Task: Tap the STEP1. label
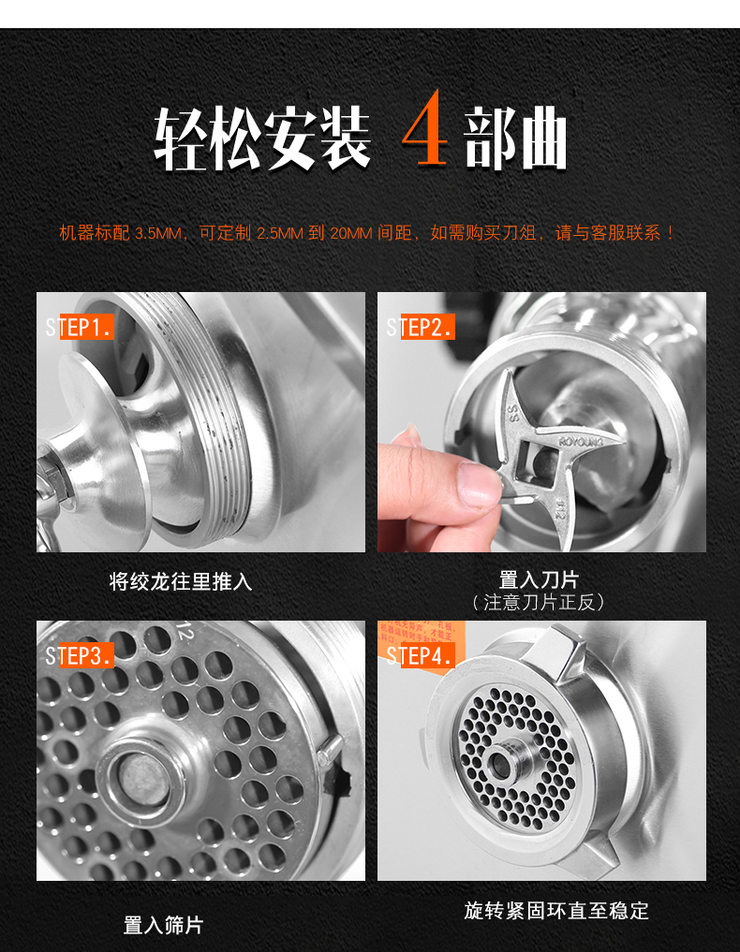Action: (x=80, y=327)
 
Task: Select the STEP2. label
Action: (x=421, y=327)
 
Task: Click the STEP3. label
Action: (x=80, y=655)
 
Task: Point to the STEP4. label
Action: (x=421, y=655)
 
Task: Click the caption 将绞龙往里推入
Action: (x=181, y=581)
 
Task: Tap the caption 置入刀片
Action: (x=539, y=580)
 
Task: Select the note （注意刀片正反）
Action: (x=539, y=602)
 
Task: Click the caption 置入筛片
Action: (x=163, y=925)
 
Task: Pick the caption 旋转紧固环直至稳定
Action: (x=556, y=910)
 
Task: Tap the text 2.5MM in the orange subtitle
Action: (x=278, y=233)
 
